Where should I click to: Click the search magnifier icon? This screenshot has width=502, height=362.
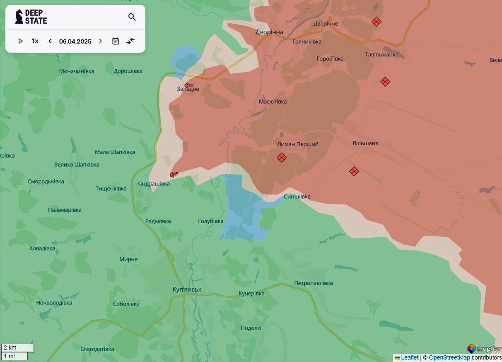point(132,17)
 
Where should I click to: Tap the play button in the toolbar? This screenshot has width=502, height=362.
point(20,41)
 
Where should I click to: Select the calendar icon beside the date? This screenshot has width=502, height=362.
point(116,41)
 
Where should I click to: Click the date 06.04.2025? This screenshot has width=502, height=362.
point(75,41)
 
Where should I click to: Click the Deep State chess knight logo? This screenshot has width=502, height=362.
point(19,17)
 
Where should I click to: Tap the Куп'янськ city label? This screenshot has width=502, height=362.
point(187,289)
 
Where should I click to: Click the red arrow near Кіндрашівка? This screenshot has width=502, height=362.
point(174,175)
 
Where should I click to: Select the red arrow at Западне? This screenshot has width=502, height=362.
point(189,86)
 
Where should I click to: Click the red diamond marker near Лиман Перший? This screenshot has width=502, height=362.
point(282,158)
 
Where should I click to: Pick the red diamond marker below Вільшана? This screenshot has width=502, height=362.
point(354,171)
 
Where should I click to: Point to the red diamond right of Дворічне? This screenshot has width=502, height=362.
point(376,22)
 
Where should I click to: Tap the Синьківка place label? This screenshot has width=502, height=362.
point(297,197)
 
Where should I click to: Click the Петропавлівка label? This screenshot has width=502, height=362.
point(313,283)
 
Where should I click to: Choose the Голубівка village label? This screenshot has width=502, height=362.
point(210,221)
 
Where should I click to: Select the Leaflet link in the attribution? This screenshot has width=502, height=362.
point(409,357)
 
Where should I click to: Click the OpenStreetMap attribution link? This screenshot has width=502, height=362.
point(449,357)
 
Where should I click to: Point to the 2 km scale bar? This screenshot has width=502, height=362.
point(17,348)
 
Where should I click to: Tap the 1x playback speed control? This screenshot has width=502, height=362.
point(35,41)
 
